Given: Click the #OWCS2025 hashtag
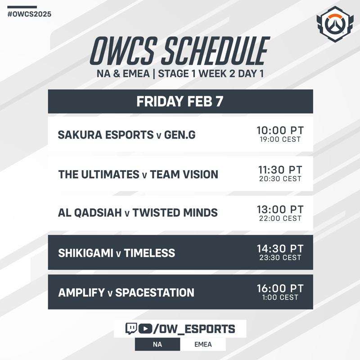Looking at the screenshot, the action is tap(29, 14).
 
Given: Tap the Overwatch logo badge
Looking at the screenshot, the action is tap(335, 24).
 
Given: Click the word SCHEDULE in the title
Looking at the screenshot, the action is tap(216, 51).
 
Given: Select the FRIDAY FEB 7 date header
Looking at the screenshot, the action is tap(180, 102).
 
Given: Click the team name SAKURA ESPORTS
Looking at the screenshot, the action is tap(106, 135).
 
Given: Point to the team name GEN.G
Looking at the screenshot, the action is tap(180, 135).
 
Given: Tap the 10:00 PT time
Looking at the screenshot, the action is tap(280, 130).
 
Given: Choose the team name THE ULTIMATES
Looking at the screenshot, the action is tap(99, 175).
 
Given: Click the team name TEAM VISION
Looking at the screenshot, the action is tap(184, 175).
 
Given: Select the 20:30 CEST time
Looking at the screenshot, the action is tap(280, 179).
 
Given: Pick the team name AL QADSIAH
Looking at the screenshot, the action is tap(90, 212).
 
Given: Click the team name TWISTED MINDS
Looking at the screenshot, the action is tap(175, 212).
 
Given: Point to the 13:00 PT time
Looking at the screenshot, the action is tap(280, 209).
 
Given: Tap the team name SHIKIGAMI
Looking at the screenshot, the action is tap(85, 253).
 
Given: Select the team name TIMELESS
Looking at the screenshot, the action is tap(149, 253).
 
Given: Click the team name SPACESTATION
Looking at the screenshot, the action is tap(155, 293).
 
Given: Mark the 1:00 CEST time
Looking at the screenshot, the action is tap(280, 297).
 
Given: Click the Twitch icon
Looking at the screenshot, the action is tap(131, 328).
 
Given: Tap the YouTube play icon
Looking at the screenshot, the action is tap(145, 329).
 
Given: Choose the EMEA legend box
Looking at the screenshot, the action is tap(203, 344).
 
